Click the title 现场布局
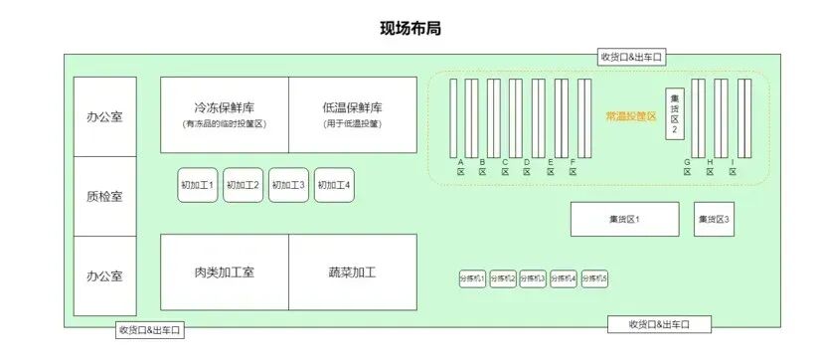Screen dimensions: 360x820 (x=410, y=28)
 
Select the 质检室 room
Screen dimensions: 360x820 (x=104, y=196)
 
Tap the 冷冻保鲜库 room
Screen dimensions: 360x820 (x=225, y=114)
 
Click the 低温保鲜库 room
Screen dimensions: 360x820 (x=353, y=114)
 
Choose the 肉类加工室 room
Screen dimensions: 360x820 (x=225, y=271)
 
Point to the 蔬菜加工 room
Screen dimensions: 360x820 (x=353, y=271)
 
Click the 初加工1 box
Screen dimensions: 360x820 (x=197, y=185)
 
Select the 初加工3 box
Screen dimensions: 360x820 (x=288, y=185)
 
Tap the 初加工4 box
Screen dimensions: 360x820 (x=334, y=185)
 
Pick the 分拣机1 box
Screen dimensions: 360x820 (x=471, y=279)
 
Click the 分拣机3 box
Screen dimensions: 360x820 (x=533, y=279)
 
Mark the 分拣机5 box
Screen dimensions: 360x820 (x=594, y=279)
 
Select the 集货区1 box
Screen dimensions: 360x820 (x=624, y=219)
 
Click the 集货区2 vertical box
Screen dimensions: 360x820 (x=675, y=114)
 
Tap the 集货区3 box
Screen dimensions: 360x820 (x=714, y=219)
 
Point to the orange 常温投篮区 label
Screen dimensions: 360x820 (x=631, y=116)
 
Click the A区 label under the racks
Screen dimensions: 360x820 (x=461, y=166)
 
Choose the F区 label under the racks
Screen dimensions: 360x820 (x=573, y=166)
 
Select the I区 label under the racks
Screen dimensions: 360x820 (x=733, y=166)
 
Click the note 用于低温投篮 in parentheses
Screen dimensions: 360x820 (x=353, y=124)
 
